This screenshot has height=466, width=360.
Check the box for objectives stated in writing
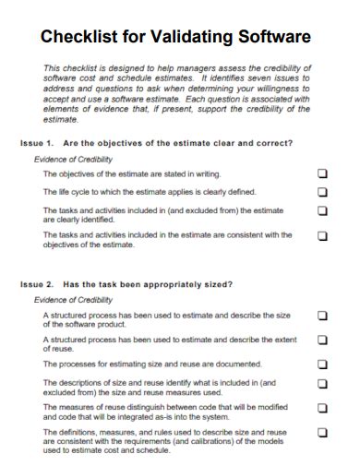(x=322, y=173)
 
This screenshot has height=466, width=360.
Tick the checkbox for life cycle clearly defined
(x=322, y=192)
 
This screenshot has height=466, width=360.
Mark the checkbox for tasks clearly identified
(x=322, y=210)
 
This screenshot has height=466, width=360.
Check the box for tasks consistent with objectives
(x=322, y=235)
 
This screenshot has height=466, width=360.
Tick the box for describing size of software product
(x=322, y=316)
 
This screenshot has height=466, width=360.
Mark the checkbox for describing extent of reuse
(x=322, y=340)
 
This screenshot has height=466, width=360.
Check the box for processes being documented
(x=322, y=364)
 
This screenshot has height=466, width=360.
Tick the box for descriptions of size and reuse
(x=322, y=383)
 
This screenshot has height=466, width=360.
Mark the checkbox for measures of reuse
(x=322, y=407)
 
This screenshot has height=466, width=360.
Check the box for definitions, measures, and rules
(x=322, y=431)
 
